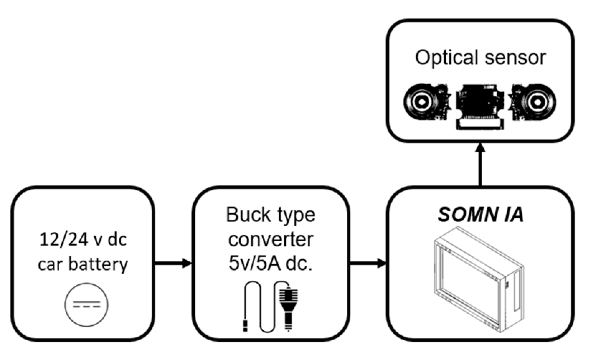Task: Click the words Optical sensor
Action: pyautogui.click(x=480, y=58)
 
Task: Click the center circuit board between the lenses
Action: pyautogui.click(x=479, y=104)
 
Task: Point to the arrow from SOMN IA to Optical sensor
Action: pyautogui.click(x=480, y=165)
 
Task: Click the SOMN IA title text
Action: pyautogui.click(x=480, y=215)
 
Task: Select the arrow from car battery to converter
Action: pyautogui.click(x=174, y=264)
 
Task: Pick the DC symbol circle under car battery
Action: pyautogui.click(x=86, y=305)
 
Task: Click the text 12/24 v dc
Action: pyautogui.click(x=83, y=240)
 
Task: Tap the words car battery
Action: pyautogui.click(x=83, y=265)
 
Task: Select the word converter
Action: pyautogui.click(x=271, y=240)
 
